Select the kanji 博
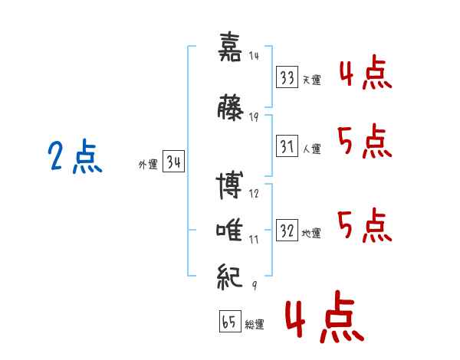point(230,186)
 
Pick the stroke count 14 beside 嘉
point(254,56)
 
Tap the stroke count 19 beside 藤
point(254,116)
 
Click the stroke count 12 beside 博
point(254,195)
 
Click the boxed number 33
point(287,77)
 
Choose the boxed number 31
point(287,147)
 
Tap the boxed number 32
point(287,231)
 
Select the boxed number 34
point(173,162)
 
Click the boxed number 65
point(229,322)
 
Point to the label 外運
point(147,164)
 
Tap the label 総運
point(255,325)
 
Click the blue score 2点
point(74,158)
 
